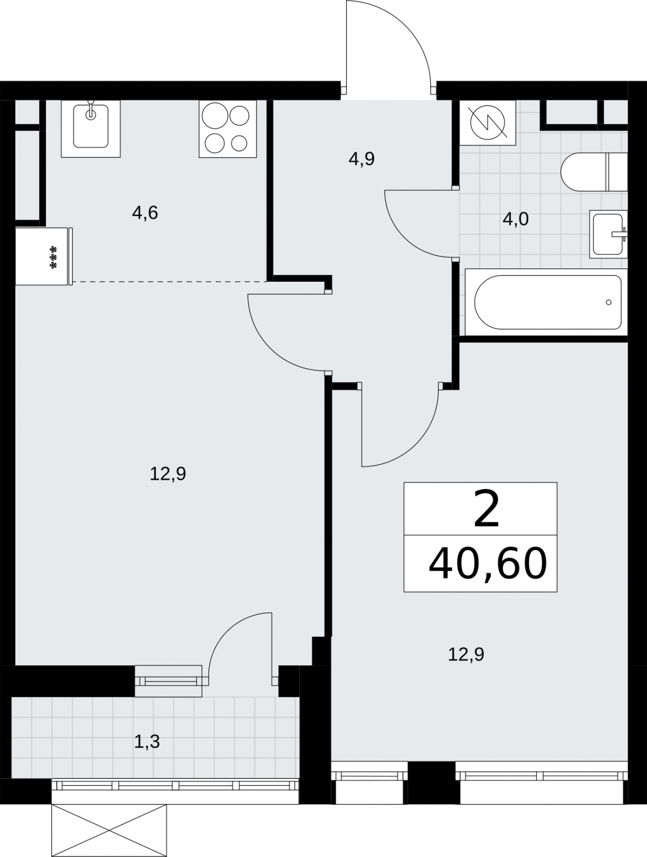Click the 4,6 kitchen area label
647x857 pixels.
144,213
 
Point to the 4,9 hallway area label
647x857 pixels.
362,159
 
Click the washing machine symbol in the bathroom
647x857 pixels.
488,123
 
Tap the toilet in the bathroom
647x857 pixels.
594,172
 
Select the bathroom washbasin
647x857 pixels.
608,234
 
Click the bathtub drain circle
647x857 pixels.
608,302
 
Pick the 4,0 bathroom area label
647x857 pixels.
515,220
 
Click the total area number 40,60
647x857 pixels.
488,564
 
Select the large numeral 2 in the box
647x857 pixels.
486,509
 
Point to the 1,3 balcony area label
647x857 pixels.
147,742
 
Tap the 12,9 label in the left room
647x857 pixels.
168,474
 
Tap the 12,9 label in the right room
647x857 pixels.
466,655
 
